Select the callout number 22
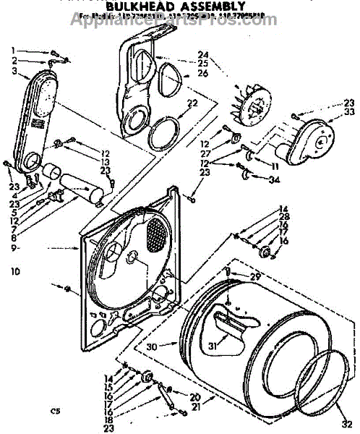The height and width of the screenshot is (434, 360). (x=192, y=103)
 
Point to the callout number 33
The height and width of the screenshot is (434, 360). (x=349, y=113)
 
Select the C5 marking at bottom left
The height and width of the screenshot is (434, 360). (x=54, y=411)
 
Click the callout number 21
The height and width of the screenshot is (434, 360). (x=194, y=408)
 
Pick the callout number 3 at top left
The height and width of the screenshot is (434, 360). (x=13, y=71)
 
